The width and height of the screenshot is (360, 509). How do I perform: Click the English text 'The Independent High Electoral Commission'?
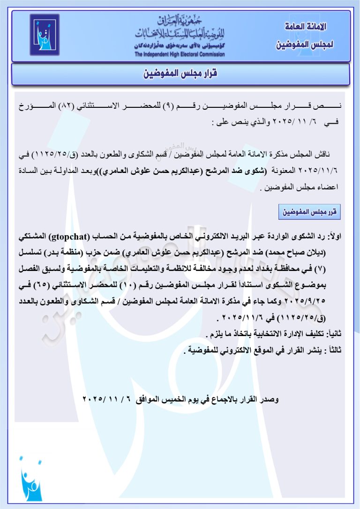pos(180,54)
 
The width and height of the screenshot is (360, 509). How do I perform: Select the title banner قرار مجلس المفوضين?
pos(180,74)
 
